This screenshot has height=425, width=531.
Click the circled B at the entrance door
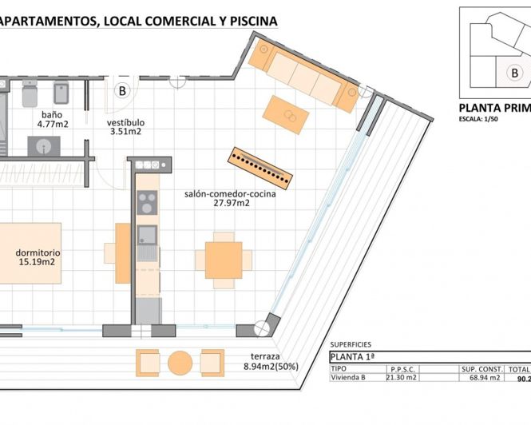(x=122, y=91)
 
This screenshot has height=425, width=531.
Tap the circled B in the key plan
(x=515, y=73)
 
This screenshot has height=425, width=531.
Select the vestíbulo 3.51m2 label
(x=125, y=127)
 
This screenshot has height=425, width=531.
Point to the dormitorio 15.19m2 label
(x=38, y=257)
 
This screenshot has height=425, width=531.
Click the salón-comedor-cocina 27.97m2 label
(x=217, y=198)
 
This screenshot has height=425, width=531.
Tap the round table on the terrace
(x=180, y=363)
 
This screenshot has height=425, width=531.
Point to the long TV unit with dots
(x=260, y=165)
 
